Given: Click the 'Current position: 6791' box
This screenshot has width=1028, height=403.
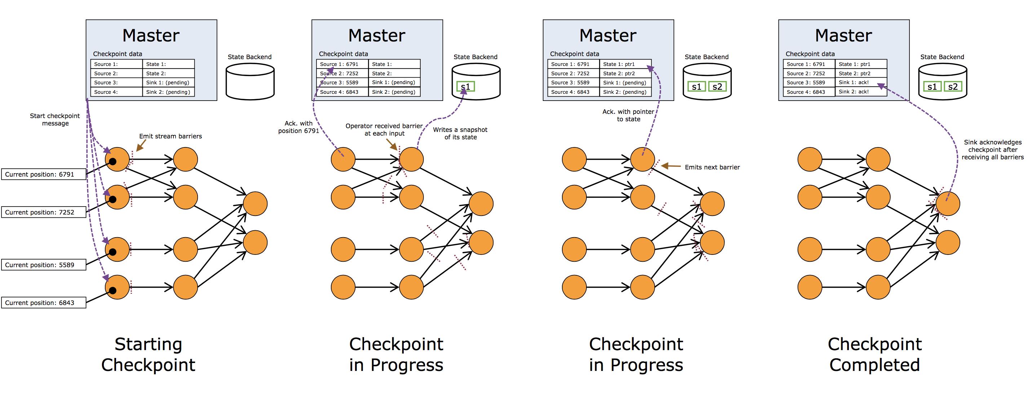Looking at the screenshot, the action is tap(44, 174).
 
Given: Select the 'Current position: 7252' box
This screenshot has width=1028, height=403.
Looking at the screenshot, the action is tap(44, 212).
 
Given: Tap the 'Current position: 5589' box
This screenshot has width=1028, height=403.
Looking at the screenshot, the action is tap(44, 265).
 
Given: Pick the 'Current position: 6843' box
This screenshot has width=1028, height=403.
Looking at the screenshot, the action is tap(44, 303).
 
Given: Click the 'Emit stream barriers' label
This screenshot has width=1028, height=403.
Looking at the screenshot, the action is tap(170, 136).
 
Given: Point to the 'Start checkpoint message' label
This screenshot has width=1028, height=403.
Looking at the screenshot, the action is tap(55, 120).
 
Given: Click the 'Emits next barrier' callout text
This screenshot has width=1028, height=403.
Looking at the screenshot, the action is tap(712, 167).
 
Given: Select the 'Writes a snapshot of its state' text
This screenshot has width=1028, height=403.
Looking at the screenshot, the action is tap(461, 133).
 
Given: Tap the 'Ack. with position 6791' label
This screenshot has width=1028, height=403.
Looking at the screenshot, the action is tap(298, 127).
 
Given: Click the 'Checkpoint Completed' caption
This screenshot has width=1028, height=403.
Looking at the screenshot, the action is tap(875, 354).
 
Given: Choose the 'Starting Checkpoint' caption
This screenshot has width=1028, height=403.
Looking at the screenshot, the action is tap(149, 354).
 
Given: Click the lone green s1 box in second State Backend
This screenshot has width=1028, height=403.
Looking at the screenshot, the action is tap(465, 87).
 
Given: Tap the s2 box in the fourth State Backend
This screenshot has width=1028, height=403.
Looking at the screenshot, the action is tap(953, 87).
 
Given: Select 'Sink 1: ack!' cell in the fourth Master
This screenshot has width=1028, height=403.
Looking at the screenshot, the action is tap(861, 83).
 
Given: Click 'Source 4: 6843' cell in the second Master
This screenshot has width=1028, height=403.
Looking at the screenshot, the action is tap(342, 92).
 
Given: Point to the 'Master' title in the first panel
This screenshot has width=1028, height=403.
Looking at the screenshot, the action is tap(151, 36).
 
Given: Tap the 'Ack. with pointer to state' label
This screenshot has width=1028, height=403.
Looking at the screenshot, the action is tap(629, 115).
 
